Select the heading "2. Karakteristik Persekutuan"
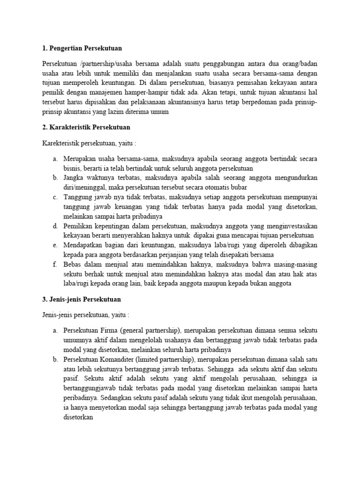(86, 127)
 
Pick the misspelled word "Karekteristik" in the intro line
(61, 143)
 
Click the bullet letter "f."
(55, 264)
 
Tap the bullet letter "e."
(55, 245)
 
